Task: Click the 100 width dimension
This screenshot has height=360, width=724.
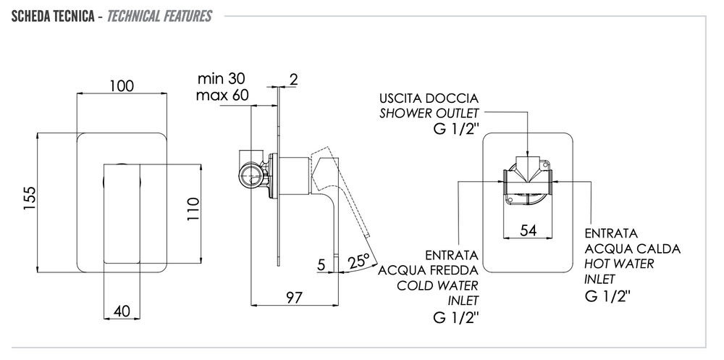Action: click(x=121, y=86)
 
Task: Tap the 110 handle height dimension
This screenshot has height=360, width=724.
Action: click(x=193, y=211)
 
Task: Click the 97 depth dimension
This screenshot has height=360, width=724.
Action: click(x=293, y=296)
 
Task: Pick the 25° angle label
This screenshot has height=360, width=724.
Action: click(x=359, y=259)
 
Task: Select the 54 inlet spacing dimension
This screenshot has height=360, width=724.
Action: click(x=529, y=230)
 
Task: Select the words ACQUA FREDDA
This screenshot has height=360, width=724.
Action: click(x=428, y=271)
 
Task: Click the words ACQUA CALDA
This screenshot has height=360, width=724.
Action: click(x=632, y=248)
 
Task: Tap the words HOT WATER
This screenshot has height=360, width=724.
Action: click(x=619, y=264)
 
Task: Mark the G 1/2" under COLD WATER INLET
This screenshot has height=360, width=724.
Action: click(x=455, y=317)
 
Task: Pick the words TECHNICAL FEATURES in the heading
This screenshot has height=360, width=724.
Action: click(x=159, y=16)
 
